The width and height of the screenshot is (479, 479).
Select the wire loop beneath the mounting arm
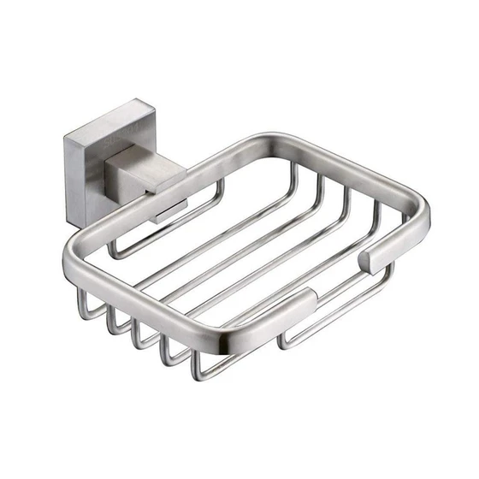[137, 249]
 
